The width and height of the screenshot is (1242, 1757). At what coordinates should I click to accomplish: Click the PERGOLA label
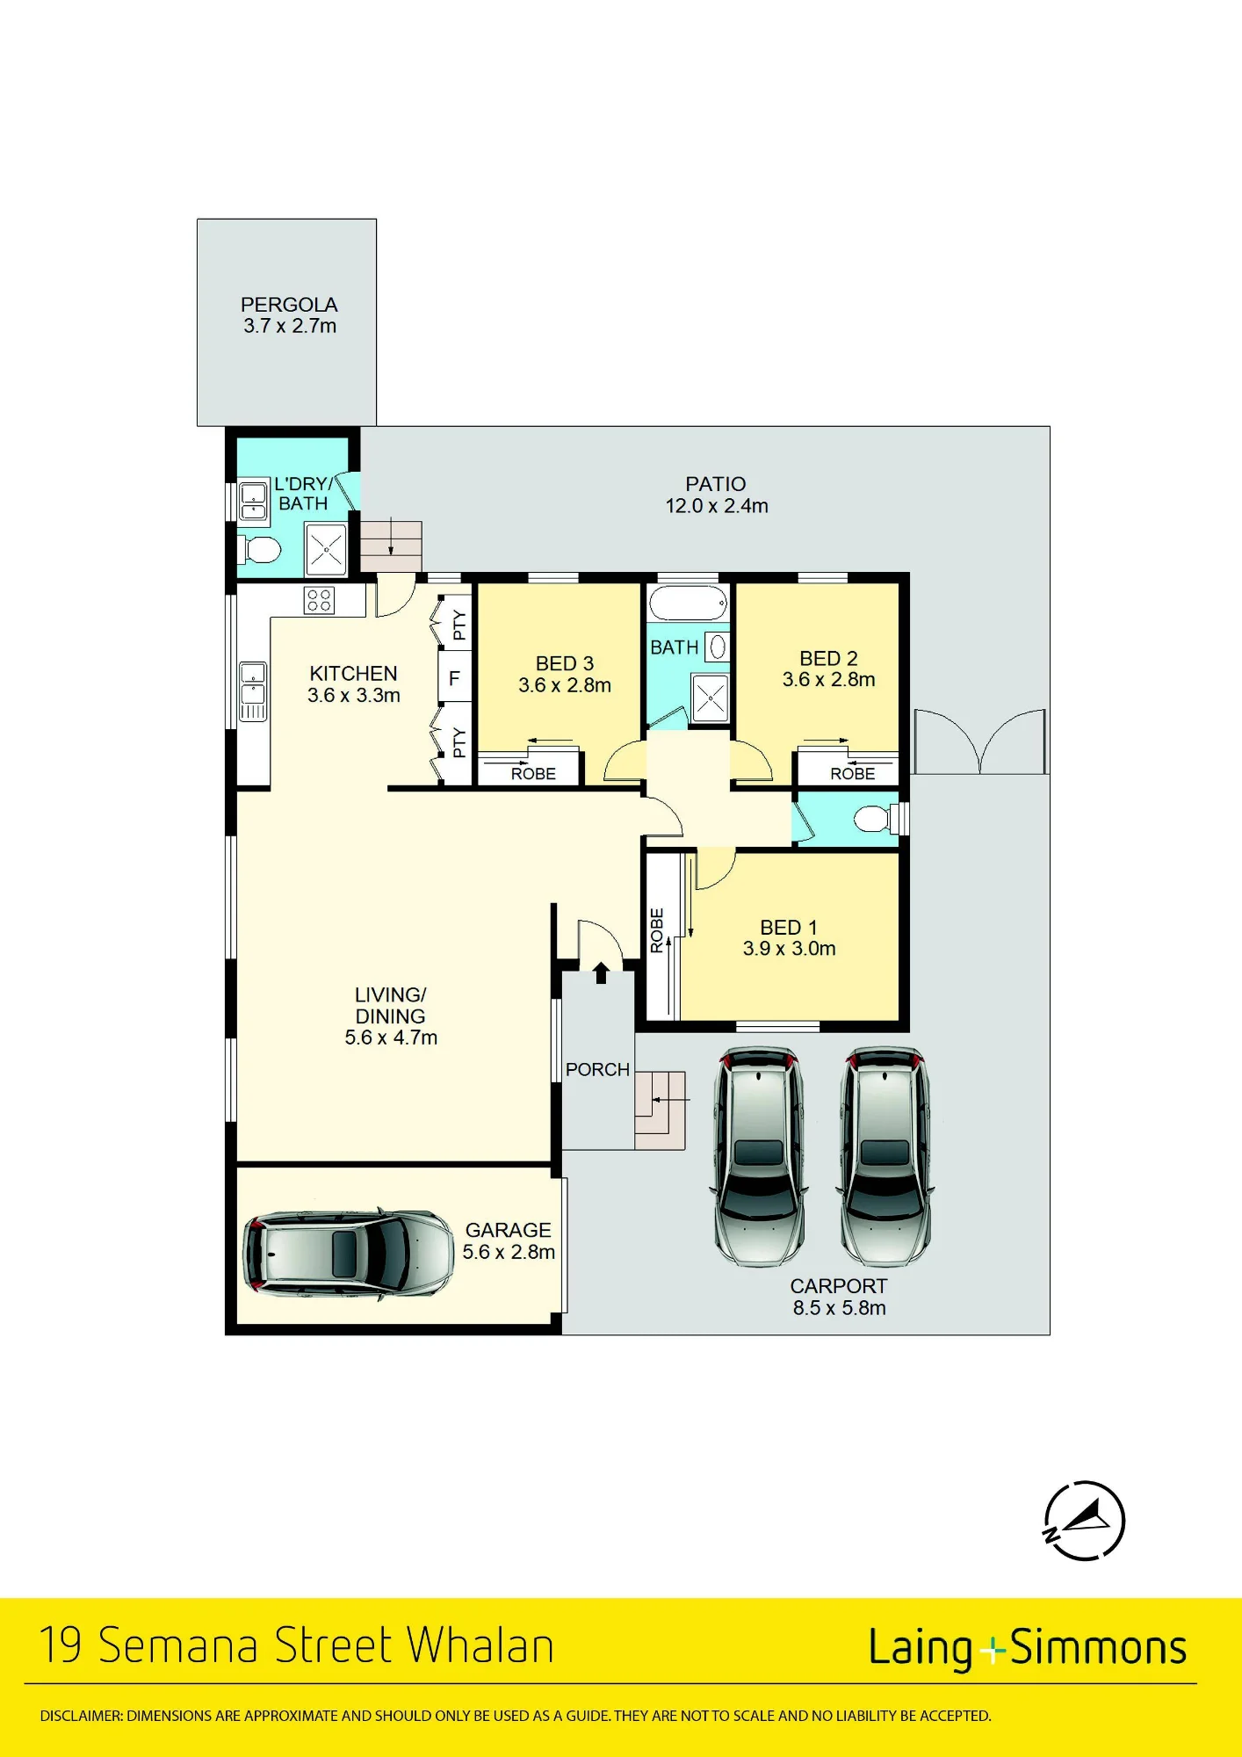289,305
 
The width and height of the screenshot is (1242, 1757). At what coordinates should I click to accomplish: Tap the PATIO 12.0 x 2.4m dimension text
717,506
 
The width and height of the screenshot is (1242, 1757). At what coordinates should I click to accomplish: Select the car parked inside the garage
349,1253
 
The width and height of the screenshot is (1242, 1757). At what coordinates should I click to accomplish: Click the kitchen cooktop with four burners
319,600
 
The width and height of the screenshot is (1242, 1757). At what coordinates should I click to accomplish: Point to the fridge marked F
454,677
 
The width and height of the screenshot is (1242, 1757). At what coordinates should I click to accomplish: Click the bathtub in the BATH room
689,604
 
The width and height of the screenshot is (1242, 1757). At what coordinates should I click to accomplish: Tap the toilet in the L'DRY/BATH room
259,551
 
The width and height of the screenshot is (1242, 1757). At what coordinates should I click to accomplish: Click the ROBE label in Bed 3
533,774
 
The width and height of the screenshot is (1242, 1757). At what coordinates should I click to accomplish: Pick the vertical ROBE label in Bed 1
657,930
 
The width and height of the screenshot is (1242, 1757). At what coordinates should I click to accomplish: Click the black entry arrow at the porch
601,972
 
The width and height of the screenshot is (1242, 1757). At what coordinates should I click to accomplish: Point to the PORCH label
597,1069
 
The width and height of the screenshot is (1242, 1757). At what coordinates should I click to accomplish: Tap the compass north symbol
1084,1521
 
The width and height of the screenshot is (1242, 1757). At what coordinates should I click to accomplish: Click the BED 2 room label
828,658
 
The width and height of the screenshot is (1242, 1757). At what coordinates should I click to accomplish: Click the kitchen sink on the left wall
253,691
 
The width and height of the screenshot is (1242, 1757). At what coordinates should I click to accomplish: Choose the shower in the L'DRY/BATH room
326,549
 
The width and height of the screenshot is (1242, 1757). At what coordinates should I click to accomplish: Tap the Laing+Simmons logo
1028,1648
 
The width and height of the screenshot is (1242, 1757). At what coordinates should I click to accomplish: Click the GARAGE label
509,1230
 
